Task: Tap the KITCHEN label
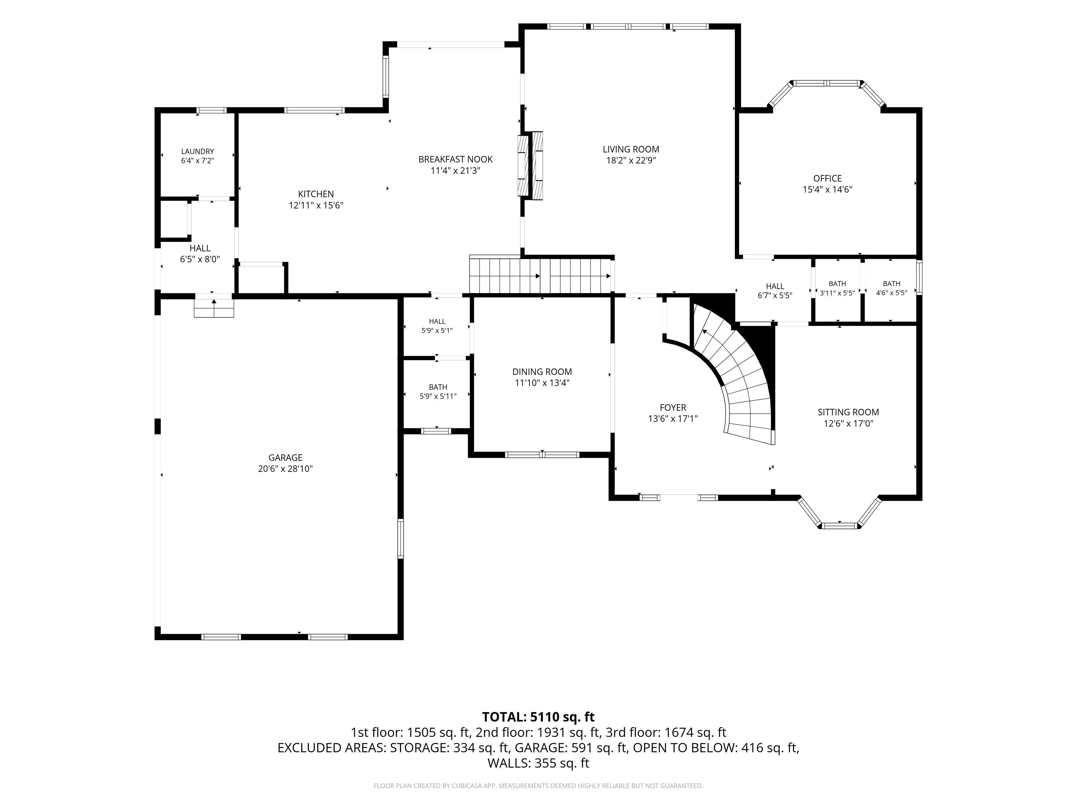point(316,194)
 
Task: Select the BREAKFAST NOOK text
point(455,159)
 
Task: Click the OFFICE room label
point(827,178)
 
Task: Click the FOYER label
point(673,408)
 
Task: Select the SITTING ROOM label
point(848,412)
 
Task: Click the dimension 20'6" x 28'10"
point(285,469)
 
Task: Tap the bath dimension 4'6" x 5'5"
point(891,293)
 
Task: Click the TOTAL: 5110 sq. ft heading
point(538,717)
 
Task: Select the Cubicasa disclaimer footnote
point(538,786)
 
